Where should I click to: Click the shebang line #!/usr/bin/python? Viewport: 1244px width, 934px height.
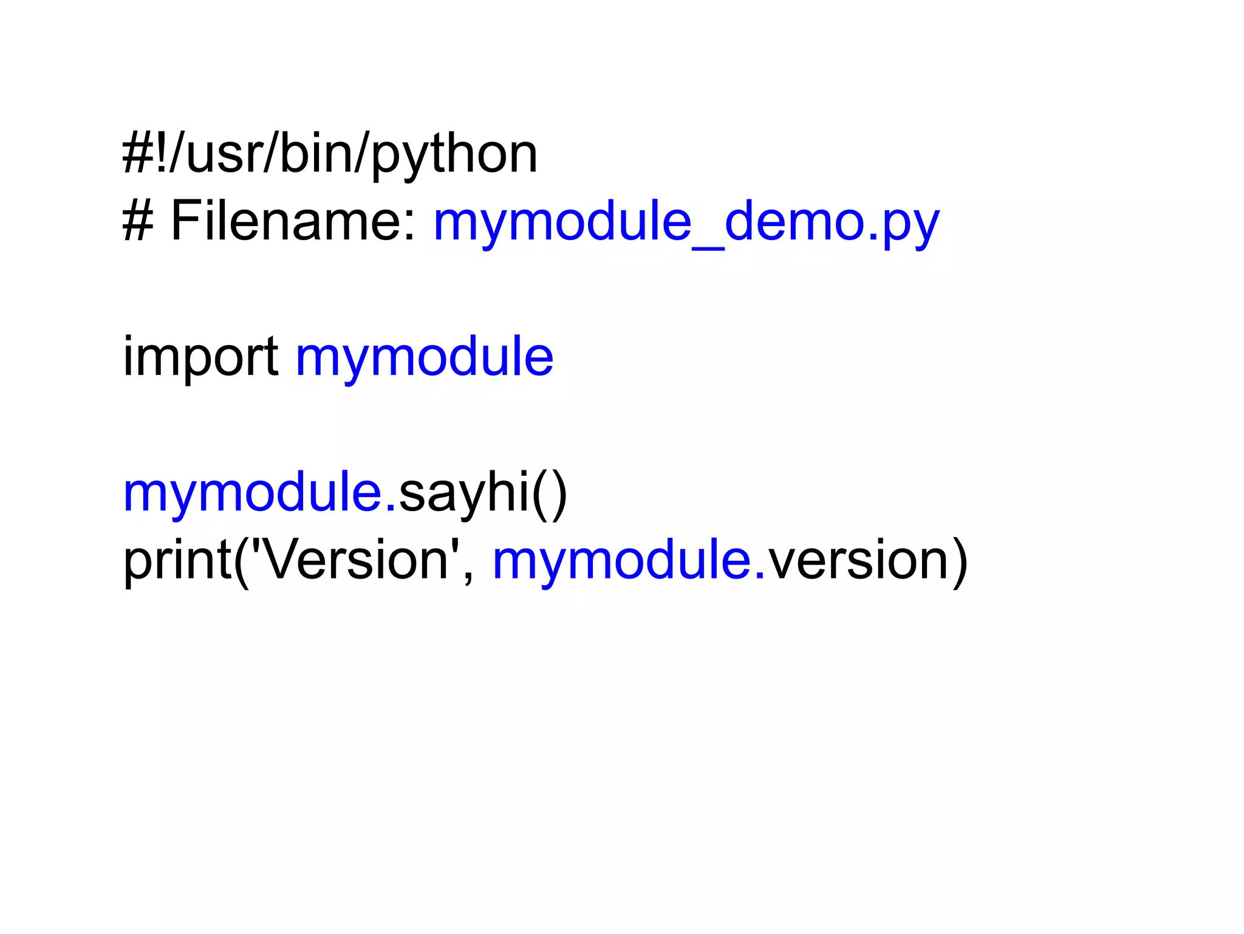[330, 154]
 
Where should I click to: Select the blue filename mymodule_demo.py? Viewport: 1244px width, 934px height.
[686, 222]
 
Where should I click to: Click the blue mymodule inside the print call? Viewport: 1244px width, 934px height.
[623, 560]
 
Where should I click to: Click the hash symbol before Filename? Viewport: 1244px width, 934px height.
[138, 221]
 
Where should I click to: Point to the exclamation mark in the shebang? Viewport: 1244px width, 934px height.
[162, 154]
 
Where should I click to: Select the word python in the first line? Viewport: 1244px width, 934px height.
[454, 156]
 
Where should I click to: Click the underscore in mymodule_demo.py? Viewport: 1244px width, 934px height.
[708, 243]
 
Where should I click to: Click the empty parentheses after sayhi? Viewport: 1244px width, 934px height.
[550, 493]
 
